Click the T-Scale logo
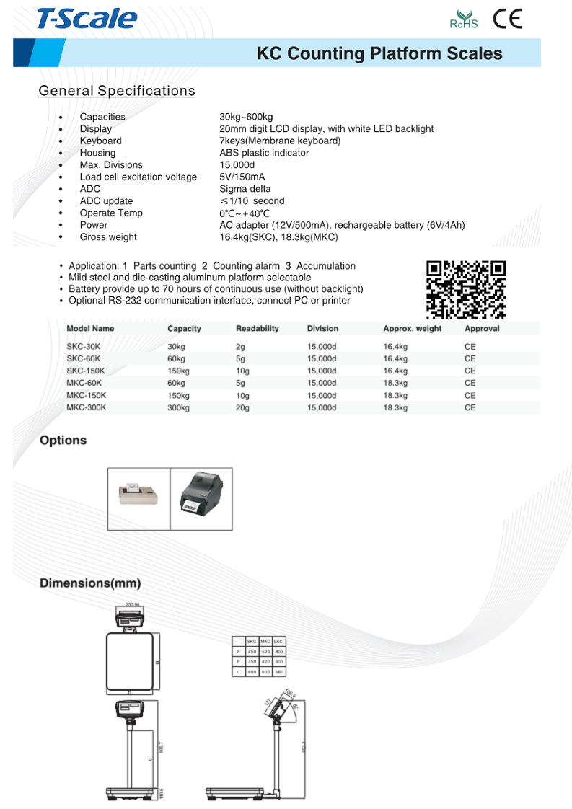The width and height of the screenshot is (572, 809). (x=87, y=19)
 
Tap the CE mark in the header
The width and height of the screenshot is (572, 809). (x=507, y=19)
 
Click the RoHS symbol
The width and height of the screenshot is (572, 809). (x=464, y=19)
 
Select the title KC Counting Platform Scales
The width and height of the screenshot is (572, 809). (x=379, y=53)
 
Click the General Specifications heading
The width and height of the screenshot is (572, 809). (x=117, y=91)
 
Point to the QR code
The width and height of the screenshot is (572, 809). (x=466, y=288)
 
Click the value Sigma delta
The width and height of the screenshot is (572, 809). (x=245, y=189)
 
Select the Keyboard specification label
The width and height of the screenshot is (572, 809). (x=100, y=141)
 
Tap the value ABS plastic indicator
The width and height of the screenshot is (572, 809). (x=264, y=153)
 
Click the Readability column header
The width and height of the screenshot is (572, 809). (x=257, y=329)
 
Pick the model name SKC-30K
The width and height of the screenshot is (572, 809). (x=84, y=347)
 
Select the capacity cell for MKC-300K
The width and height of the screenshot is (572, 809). (x=178, y=407)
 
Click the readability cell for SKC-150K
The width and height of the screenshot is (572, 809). (x=243, y=371)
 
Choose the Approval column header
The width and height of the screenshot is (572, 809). (x=482, y=329)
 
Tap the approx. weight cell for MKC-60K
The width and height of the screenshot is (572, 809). (x=395, y=383)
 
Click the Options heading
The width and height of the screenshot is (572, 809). (x=63, y=441)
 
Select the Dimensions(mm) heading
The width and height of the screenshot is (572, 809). (x=90, y=583)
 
